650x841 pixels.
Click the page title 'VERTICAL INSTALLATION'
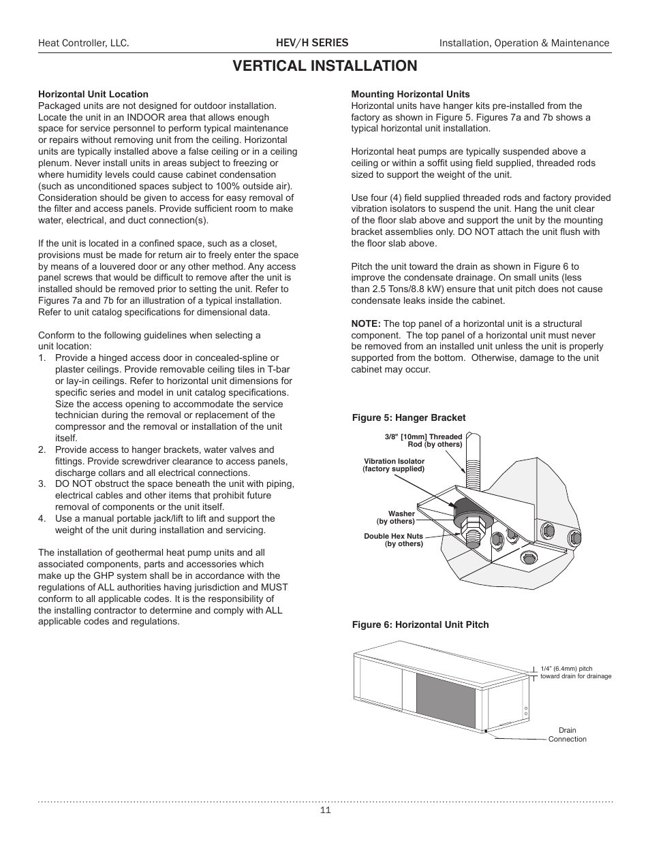pos(324,66)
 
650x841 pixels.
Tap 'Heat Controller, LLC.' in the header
pos(83,43)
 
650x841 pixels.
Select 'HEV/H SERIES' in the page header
pos(311,43)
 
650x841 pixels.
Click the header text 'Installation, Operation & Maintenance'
pos(524,43)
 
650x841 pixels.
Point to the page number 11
pos(325,810)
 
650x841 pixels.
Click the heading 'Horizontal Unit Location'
pos(93,94)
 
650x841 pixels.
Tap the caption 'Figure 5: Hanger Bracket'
pos(409,417)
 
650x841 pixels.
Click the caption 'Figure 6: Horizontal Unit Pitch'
pos(420,624)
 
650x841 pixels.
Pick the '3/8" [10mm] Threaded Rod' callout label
pos(423,441)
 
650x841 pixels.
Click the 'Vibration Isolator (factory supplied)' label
pos(394,465)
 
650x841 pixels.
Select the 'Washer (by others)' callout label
pos(397,518)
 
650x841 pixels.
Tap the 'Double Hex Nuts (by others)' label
pos(394,540)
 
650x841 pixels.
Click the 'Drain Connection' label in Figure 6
pos(567,735)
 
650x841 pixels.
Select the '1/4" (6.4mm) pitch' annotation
pos(575,672)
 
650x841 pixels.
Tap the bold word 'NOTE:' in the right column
pos(366,323)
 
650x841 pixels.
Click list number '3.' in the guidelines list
pos(42,483)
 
